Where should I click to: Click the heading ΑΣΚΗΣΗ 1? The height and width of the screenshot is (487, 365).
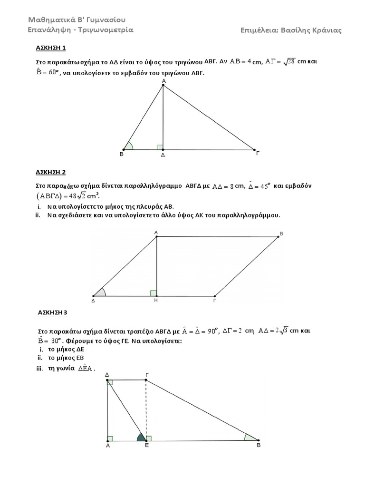click(51, 48)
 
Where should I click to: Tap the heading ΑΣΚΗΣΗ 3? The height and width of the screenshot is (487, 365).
click(53, 312)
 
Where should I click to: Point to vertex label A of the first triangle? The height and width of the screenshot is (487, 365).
click(163, 81)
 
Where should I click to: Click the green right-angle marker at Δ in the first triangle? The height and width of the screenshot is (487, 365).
click(160, 147)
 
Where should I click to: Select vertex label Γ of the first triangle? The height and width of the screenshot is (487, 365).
click(258, 154)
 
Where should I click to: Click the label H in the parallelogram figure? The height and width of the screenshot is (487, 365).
click(156, 301)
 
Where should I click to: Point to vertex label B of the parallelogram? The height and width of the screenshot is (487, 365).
click(281, 234)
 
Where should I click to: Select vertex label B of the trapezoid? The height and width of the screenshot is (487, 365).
click(259, 446)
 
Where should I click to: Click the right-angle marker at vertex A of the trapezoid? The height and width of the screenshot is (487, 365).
click(110, 438)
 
